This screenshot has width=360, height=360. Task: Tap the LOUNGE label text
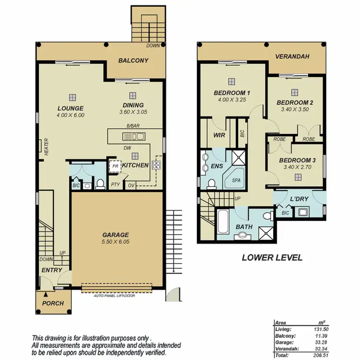[x=71, y=108]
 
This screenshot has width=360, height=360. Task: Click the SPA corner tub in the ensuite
[x=236, y=180]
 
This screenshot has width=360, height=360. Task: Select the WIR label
[x=219, y=135]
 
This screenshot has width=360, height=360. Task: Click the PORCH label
[x=53, y=303]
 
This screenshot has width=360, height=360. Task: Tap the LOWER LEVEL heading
[x=271, y=258]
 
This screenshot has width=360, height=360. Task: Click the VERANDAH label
[x=292, y=57]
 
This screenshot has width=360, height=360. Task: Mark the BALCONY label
[x=134, y=60]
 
